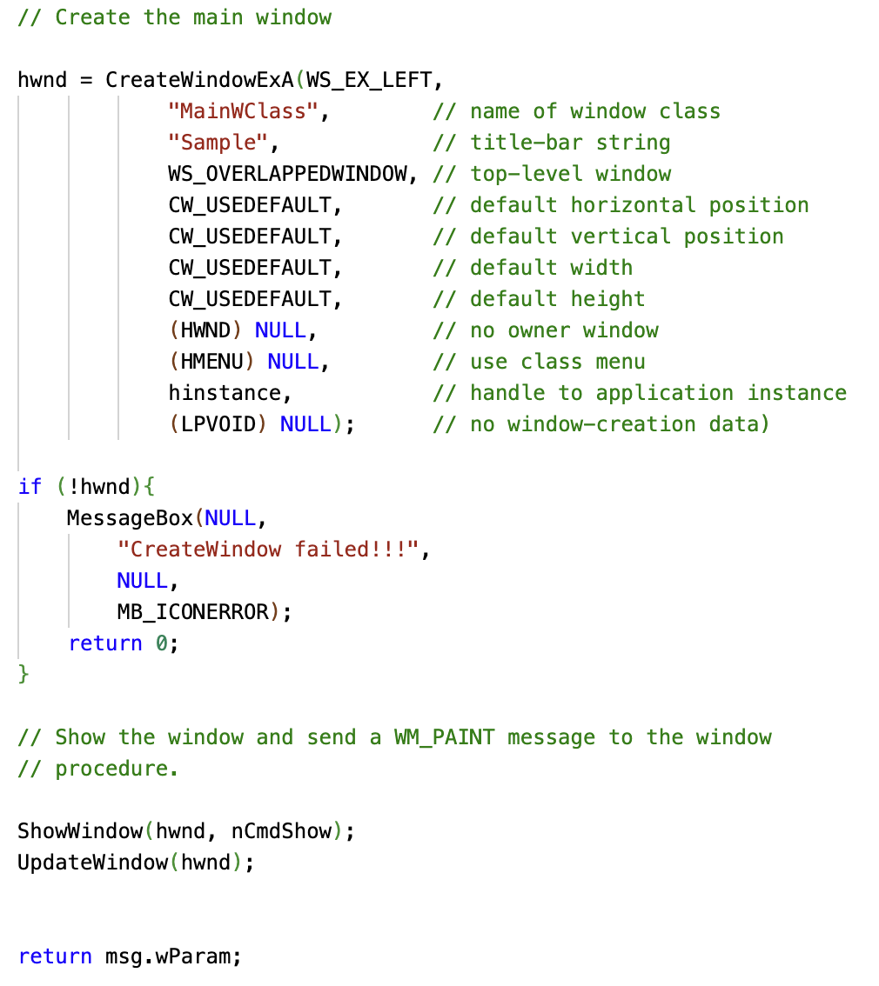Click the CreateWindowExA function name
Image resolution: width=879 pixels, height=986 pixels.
click(x=199, y=80)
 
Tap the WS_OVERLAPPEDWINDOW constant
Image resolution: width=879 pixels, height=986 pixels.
click(x=287, y=174)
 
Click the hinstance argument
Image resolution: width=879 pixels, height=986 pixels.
click(x=225, y=393)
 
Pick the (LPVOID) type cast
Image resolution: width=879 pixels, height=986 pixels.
click(x=218, y=424)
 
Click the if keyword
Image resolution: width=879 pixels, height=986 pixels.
click(x=30, y=487)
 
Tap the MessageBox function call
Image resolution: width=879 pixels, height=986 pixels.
click(x=130, y=518)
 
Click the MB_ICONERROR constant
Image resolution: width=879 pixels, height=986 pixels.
click(x=193, y=612)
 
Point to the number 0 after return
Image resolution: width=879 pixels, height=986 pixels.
click(x=161, y=643)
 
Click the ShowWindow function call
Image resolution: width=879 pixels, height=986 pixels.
click(x=80, y=831)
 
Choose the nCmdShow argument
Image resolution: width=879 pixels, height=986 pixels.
click(x=282, y=831)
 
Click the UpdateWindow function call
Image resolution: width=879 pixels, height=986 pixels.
click(x=92, y=863)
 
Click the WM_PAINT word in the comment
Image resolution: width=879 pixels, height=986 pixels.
click(x=444, y=737)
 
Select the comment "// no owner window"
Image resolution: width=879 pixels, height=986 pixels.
click(x=546, y=330)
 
